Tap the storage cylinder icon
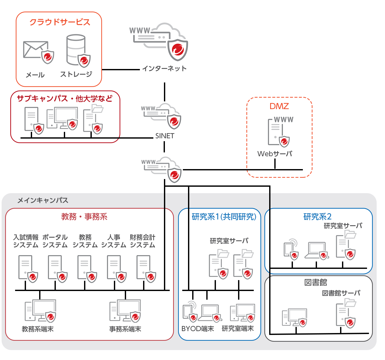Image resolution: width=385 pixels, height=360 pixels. click(x=76, y=50)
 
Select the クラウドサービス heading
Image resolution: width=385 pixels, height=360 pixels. click(x=60, y=22)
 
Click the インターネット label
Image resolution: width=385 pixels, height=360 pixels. click(x=164, y=69)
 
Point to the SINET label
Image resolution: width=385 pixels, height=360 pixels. click(x=165, y=136)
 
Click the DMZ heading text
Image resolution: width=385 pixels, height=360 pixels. click(x=279, y=106)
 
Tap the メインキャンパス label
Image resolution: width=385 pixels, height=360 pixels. click(x=43, y=201)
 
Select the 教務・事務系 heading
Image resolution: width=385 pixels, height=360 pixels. click(x=84, y=217)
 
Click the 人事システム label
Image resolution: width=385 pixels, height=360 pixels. click(x=114, y=241)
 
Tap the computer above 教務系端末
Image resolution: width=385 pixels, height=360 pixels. click(x=40, y=310)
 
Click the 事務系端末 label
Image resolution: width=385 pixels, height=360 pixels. click(x=125, y=329)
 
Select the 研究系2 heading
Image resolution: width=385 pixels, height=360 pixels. click(x=317, y=217)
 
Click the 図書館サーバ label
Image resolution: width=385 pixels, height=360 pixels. click(x=341, y=293)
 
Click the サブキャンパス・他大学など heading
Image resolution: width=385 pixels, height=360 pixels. click(x=64, y=99)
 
